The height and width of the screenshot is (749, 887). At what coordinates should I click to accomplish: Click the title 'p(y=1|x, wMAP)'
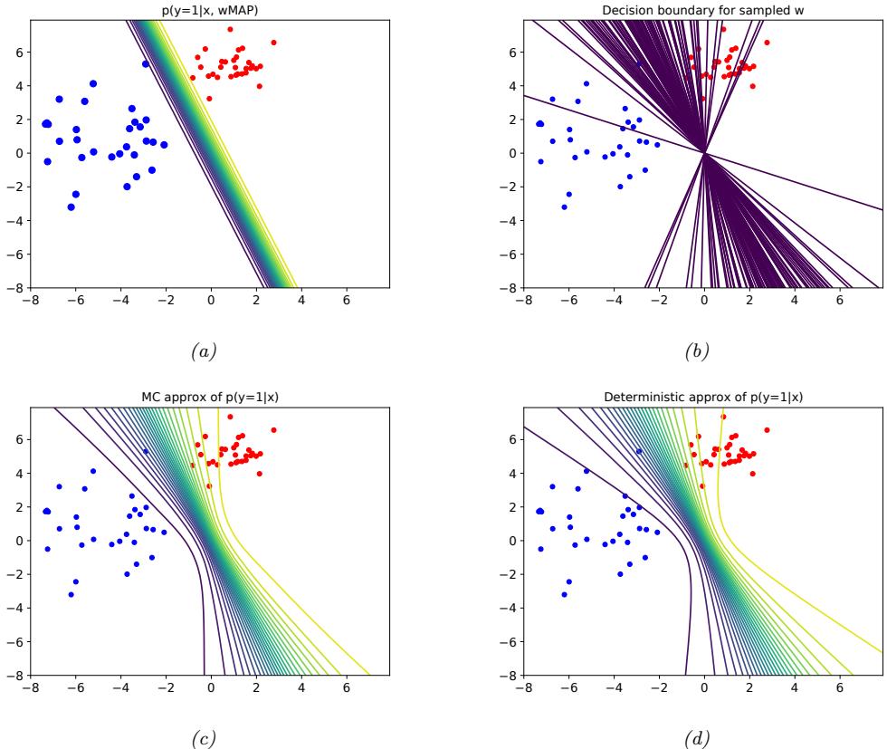[x=210, y=11]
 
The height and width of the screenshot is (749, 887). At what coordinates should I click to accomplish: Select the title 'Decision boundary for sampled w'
[x=703, y=11]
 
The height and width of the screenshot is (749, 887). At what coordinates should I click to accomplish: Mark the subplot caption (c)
[x=210, y=735]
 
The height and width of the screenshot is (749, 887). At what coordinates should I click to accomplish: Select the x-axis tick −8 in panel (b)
[x=523, y=299]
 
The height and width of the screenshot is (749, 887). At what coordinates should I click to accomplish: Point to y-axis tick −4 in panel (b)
[x=509, y=220]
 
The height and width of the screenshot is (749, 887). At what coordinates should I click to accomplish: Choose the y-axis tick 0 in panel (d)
[x=512, y=541]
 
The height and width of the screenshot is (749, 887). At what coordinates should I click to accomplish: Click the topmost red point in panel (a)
[x=230, y=29]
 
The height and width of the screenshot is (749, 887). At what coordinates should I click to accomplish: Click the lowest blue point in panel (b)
[x=564, y=206]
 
